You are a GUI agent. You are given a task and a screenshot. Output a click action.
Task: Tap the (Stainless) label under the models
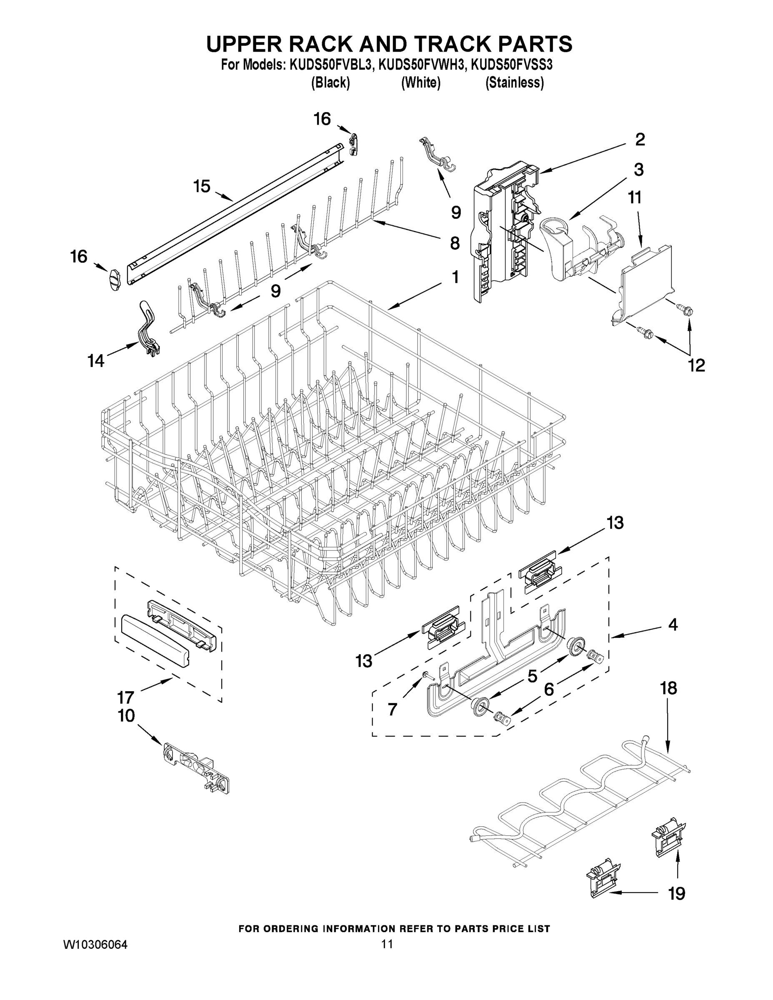pyautogui.click(x=515, y=83)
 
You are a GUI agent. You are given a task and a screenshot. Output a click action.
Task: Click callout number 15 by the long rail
pyautogui.click(x=202, y=186)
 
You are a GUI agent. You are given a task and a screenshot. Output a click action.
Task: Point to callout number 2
pyautogui.click(x=640, y=139)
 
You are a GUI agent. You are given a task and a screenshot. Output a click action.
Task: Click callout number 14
pyautogui.click(x=96, y=361)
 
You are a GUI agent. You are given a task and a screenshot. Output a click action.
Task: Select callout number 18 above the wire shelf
pyautogui.click(x=668, y=688)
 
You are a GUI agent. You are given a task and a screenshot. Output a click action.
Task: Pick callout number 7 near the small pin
pyautogui.click(x=393, y=709)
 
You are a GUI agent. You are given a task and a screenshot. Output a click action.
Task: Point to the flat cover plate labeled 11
pyautogui.click(x=647, y=279)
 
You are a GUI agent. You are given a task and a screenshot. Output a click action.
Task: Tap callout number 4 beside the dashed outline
pyautogui.click(x=672, y=625)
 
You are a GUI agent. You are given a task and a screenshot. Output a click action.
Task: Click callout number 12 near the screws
pyautogui.click(x=696, y=365)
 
